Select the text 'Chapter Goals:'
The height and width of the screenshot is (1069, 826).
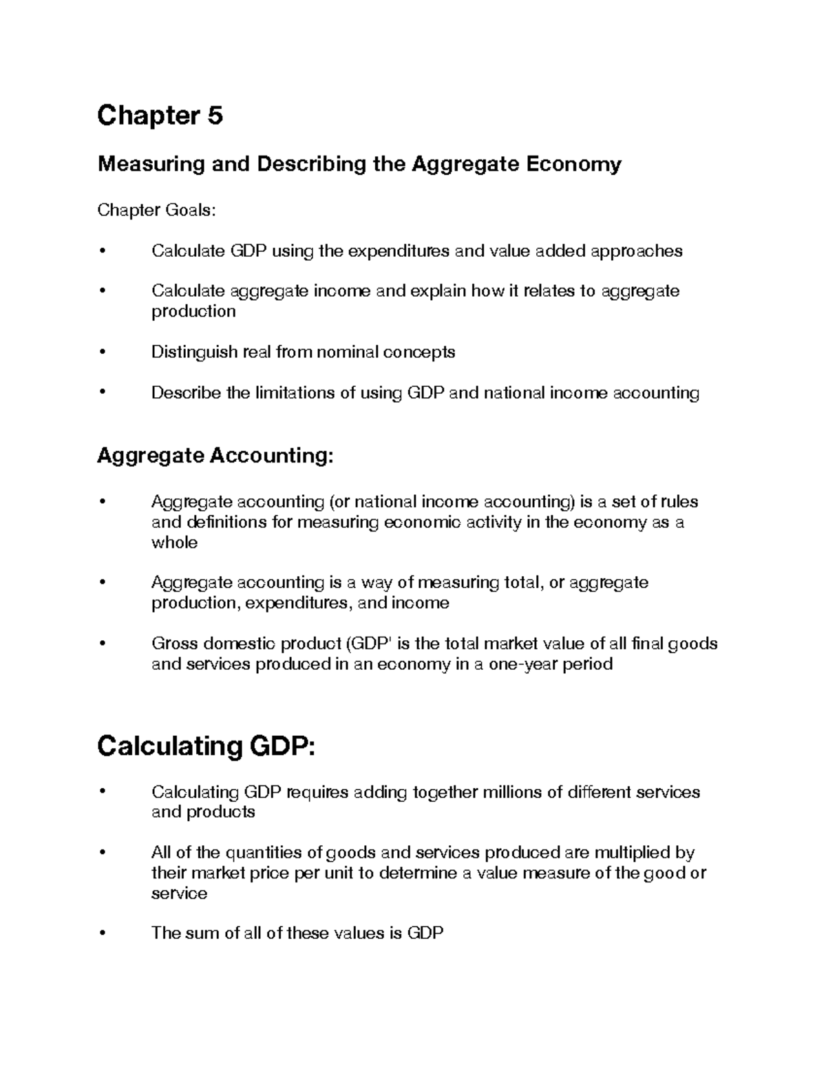point(156,210)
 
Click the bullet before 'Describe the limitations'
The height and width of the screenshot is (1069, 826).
point(103,392)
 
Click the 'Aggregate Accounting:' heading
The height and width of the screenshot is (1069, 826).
point(215,456)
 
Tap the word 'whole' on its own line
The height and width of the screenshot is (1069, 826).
point(174,542)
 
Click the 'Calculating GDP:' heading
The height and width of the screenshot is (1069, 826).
point(206,746)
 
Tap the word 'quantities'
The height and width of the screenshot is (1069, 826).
point(264,853)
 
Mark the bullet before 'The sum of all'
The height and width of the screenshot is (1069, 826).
point(103,933)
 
